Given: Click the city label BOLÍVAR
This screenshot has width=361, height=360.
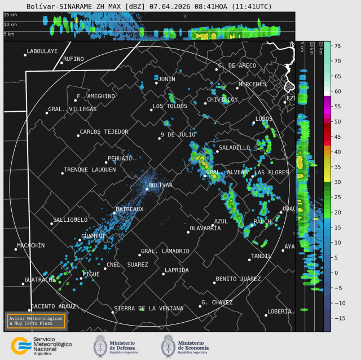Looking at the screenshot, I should (160, 185).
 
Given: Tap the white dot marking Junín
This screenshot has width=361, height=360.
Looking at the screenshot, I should (156, 83).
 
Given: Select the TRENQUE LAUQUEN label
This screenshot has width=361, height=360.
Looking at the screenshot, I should (90, 169).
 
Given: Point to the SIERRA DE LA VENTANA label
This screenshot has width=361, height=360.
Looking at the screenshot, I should (148, 309).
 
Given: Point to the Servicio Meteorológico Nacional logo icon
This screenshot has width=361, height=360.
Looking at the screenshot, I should (21, 345).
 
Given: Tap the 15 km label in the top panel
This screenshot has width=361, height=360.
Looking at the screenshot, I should (10, 15).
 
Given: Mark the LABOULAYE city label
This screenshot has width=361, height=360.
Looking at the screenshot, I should (42, 51).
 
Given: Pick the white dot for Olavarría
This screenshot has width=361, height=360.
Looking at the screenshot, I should (188, 232).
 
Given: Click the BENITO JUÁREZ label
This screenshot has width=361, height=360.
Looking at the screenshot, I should (238, 279).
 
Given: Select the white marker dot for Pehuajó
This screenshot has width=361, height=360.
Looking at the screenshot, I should (105, 163).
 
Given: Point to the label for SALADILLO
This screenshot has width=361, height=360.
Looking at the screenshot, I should (234, 147).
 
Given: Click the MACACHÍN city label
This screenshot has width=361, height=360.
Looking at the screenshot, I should (30, 245).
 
